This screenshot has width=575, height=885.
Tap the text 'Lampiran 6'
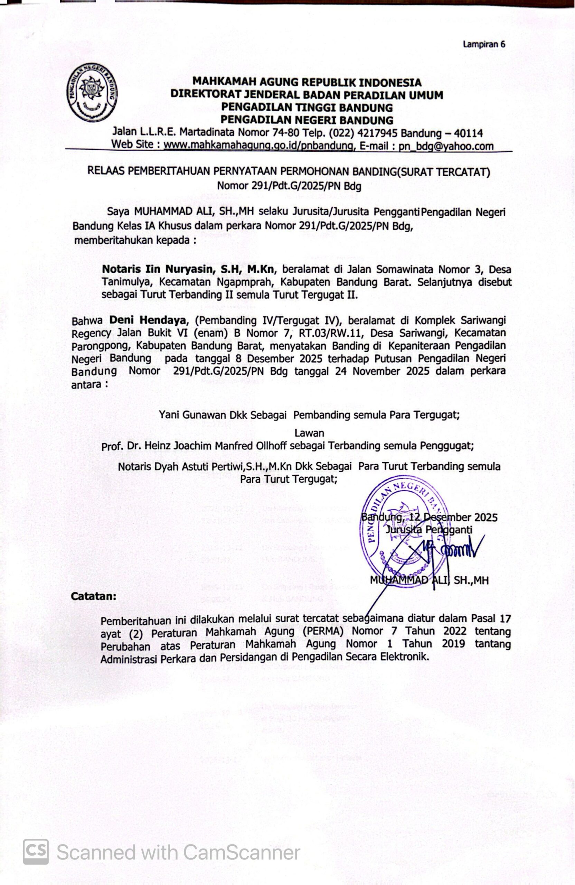pyautogui.click(x=484, y=44)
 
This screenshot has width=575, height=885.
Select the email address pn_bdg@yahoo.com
pyautogui.click(x=446, y=146)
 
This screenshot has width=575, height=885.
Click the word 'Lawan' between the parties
pyautogui.click(x=309, y=433)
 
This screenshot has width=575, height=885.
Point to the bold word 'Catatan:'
pyautogui.click(x=93, y=596)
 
